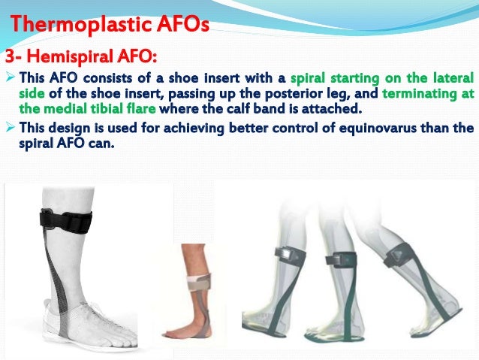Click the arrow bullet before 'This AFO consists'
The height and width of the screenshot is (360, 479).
[x=10, y=77]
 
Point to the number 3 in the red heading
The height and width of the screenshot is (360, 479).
[x=10, y=57]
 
